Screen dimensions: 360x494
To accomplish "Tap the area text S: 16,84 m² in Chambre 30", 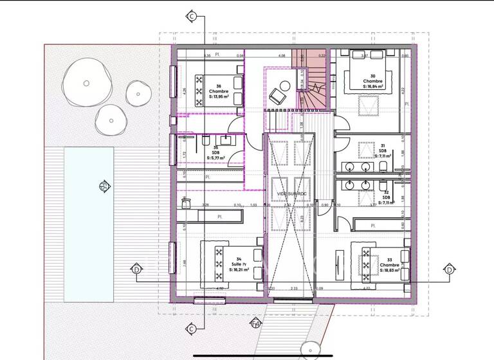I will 373,85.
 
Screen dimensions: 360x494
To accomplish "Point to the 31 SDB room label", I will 382,150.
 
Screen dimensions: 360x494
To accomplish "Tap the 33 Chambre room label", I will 389,265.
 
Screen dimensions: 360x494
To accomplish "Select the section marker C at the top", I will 190,15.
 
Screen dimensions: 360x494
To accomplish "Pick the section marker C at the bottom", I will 190,330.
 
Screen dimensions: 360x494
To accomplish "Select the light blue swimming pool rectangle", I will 89,224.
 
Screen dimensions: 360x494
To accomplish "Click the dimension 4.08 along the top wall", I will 281,56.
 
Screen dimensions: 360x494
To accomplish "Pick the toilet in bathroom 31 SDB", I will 382,168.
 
